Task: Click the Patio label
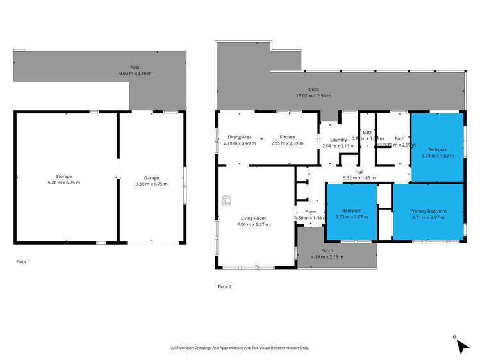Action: click(135, 67)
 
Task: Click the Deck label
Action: click(313, 90)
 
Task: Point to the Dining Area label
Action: click(240, 137)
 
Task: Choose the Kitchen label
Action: click(286, 137)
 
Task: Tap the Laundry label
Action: click(338, 140)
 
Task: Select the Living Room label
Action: click(253, 218)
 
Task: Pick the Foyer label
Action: click(311, 211)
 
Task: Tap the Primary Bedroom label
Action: click(429, 211)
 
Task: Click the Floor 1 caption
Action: click(23, 262)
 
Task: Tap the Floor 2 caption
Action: click(224, 286)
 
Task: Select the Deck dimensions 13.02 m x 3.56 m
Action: click(313, 97)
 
